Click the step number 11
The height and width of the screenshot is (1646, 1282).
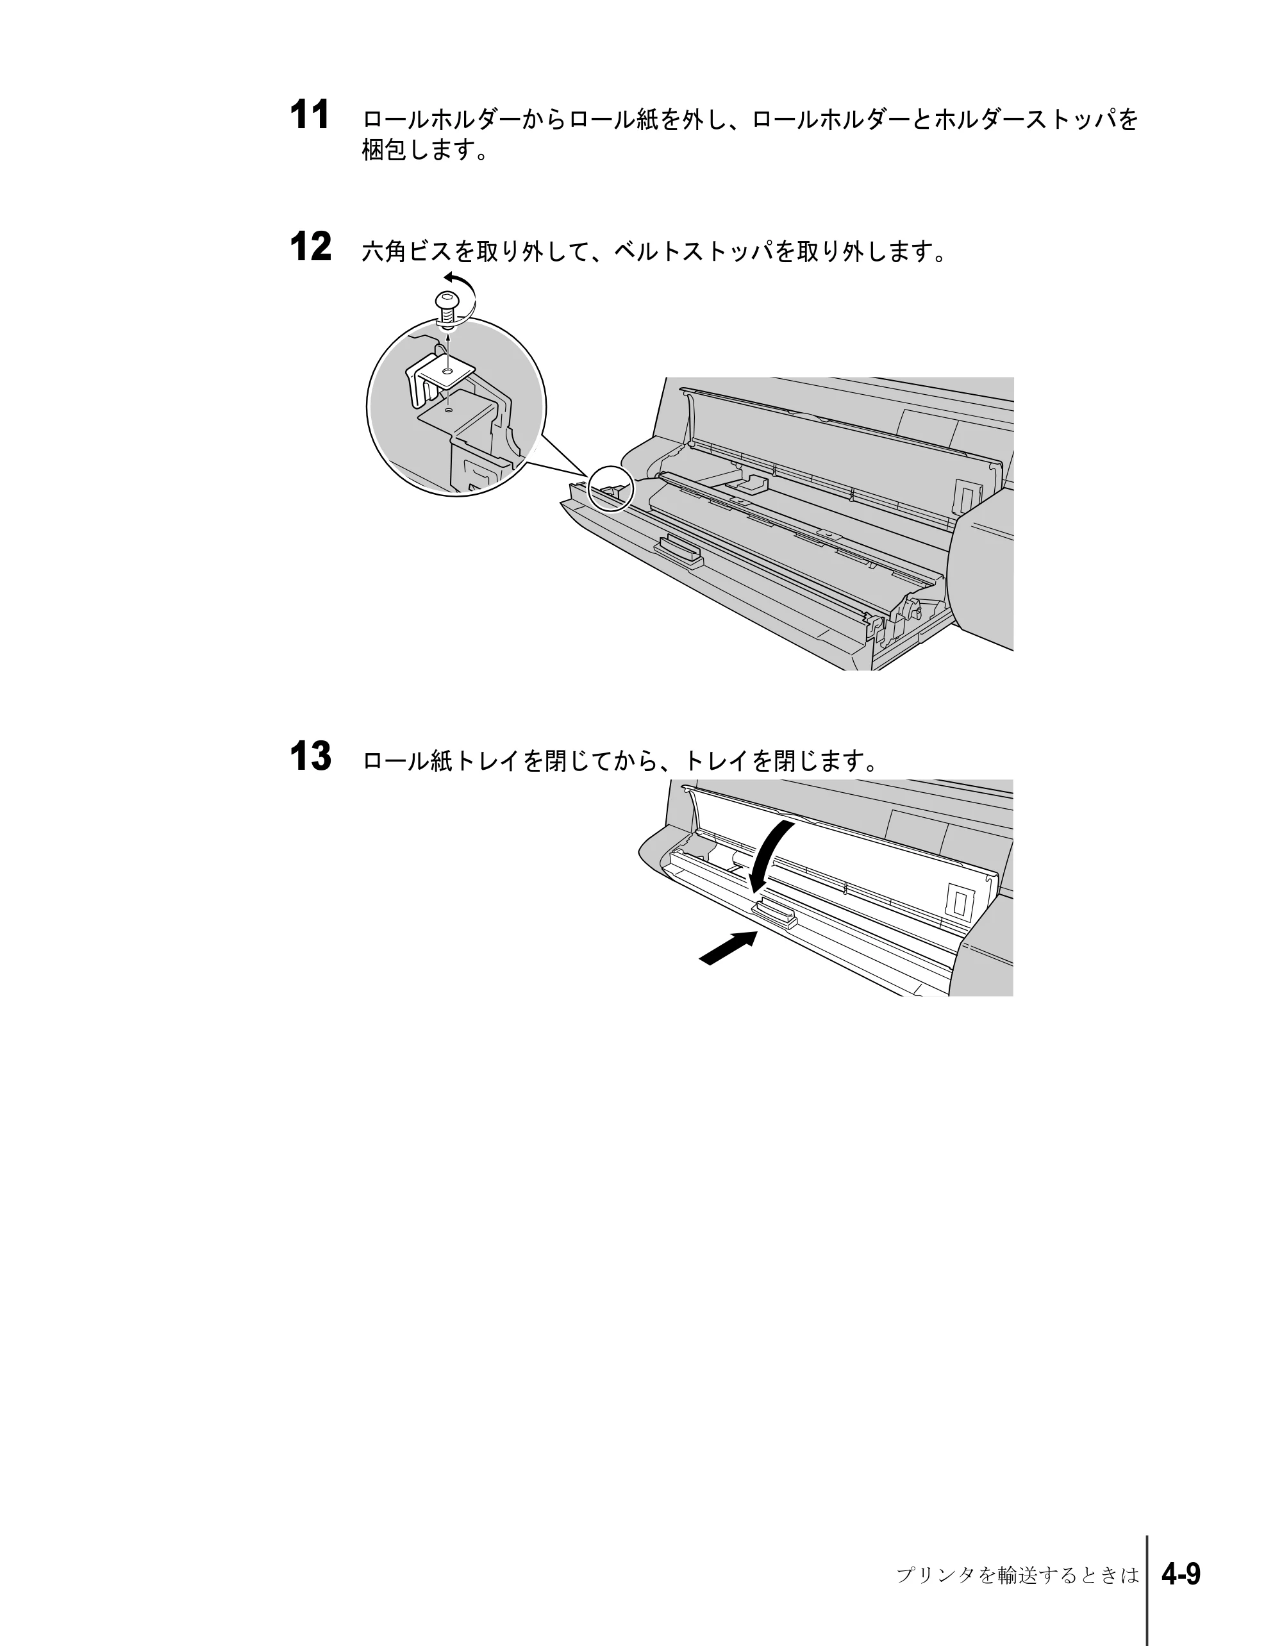click(310, 116)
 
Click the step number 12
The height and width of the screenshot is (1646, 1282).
click(310, 247)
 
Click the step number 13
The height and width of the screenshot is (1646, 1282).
click(310, 757)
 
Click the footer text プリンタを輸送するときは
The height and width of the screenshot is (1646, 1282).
click(1017, 1575)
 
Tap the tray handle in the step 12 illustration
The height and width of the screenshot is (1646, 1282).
click(679, 553)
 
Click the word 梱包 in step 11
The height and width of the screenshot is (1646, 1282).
click(385, 150)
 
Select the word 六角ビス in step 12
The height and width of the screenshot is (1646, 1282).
click(408, 251)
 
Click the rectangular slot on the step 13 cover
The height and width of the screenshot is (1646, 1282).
click(960, 901)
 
